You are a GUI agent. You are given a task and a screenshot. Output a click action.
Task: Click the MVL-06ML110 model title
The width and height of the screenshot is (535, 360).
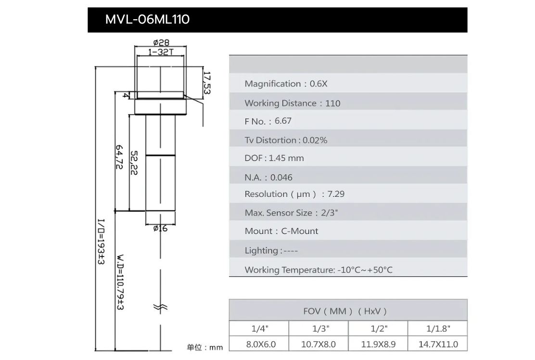(x=147, y=19)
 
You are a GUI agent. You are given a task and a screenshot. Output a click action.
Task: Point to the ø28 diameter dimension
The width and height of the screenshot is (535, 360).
(x=161, y=42)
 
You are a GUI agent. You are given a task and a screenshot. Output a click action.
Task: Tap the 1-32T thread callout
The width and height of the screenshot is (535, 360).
(x=161, y=51)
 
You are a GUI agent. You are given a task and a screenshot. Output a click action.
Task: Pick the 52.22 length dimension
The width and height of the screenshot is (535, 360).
(x=134, y=163)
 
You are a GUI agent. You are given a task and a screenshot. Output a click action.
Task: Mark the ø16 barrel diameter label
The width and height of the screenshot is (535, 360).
(x=160, y=228)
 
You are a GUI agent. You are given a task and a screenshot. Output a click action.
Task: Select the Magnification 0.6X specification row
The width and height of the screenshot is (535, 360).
(x=286, y=84)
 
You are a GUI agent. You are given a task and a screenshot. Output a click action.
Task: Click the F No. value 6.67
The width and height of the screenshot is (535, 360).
(x=283, y=121)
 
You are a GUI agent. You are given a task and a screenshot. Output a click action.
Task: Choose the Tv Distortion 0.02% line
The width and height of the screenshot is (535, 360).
(x=286, y=140)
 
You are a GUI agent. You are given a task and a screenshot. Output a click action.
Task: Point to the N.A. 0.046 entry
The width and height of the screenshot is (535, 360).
(x=268, y=177)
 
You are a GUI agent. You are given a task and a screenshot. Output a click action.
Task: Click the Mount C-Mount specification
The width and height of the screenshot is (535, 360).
(x=281, y=231)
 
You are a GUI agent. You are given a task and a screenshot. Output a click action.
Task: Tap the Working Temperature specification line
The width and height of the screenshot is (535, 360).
(x=318, y=270)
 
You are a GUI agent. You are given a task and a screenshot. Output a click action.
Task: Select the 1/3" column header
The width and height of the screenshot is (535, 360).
(x=318, y=329)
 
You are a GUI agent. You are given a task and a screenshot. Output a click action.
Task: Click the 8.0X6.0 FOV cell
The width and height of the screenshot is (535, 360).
(x=258, y=344)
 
